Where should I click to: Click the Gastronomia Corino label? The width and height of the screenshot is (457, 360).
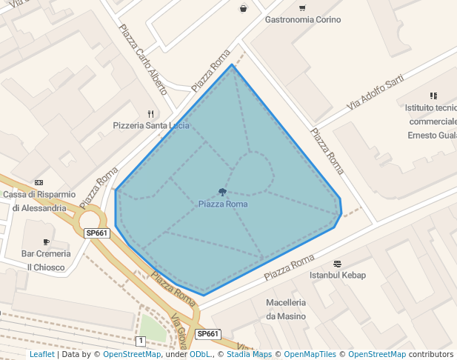pyautogui.click(x=302, y=20)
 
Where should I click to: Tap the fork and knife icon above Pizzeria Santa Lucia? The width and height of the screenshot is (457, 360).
pyautogui.click(x=151, y=114)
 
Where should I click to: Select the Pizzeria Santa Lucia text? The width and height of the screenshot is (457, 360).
pyautogui.click(x=151, y=126)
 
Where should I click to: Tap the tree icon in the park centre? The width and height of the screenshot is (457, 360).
pyautogui.click(x=222, y=192)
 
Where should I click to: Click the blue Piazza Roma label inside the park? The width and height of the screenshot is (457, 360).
pyautogui.click(x=223, y=204)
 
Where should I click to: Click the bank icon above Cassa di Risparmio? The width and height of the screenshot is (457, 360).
pyautogui.click(x=39, y=182)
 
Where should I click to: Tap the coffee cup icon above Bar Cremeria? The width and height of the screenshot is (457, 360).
pyautogui.click(x=46, y=241)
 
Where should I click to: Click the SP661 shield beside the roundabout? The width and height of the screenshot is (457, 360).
pyautogui.click(x=97, y=233)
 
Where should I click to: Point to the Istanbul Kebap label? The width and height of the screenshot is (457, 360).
pyautogui.click(x=337, y=276)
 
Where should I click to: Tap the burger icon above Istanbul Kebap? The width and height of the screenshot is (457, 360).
pyautogui.click(x=337, y=263)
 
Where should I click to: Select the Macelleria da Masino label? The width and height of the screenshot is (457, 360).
pyautogui.click(x=286, y=310)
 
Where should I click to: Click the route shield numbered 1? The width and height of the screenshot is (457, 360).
pyautogui.click(x=141, y=341)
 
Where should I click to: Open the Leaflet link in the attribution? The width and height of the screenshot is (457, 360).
pyautogui.click(x=42, y=354)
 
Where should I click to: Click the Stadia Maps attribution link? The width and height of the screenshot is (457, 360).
pyautogui.click(x=249, y=354)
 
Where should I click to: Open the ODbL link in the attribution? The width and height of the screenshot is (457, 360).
pyautogui.click(x=200, y=354)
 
